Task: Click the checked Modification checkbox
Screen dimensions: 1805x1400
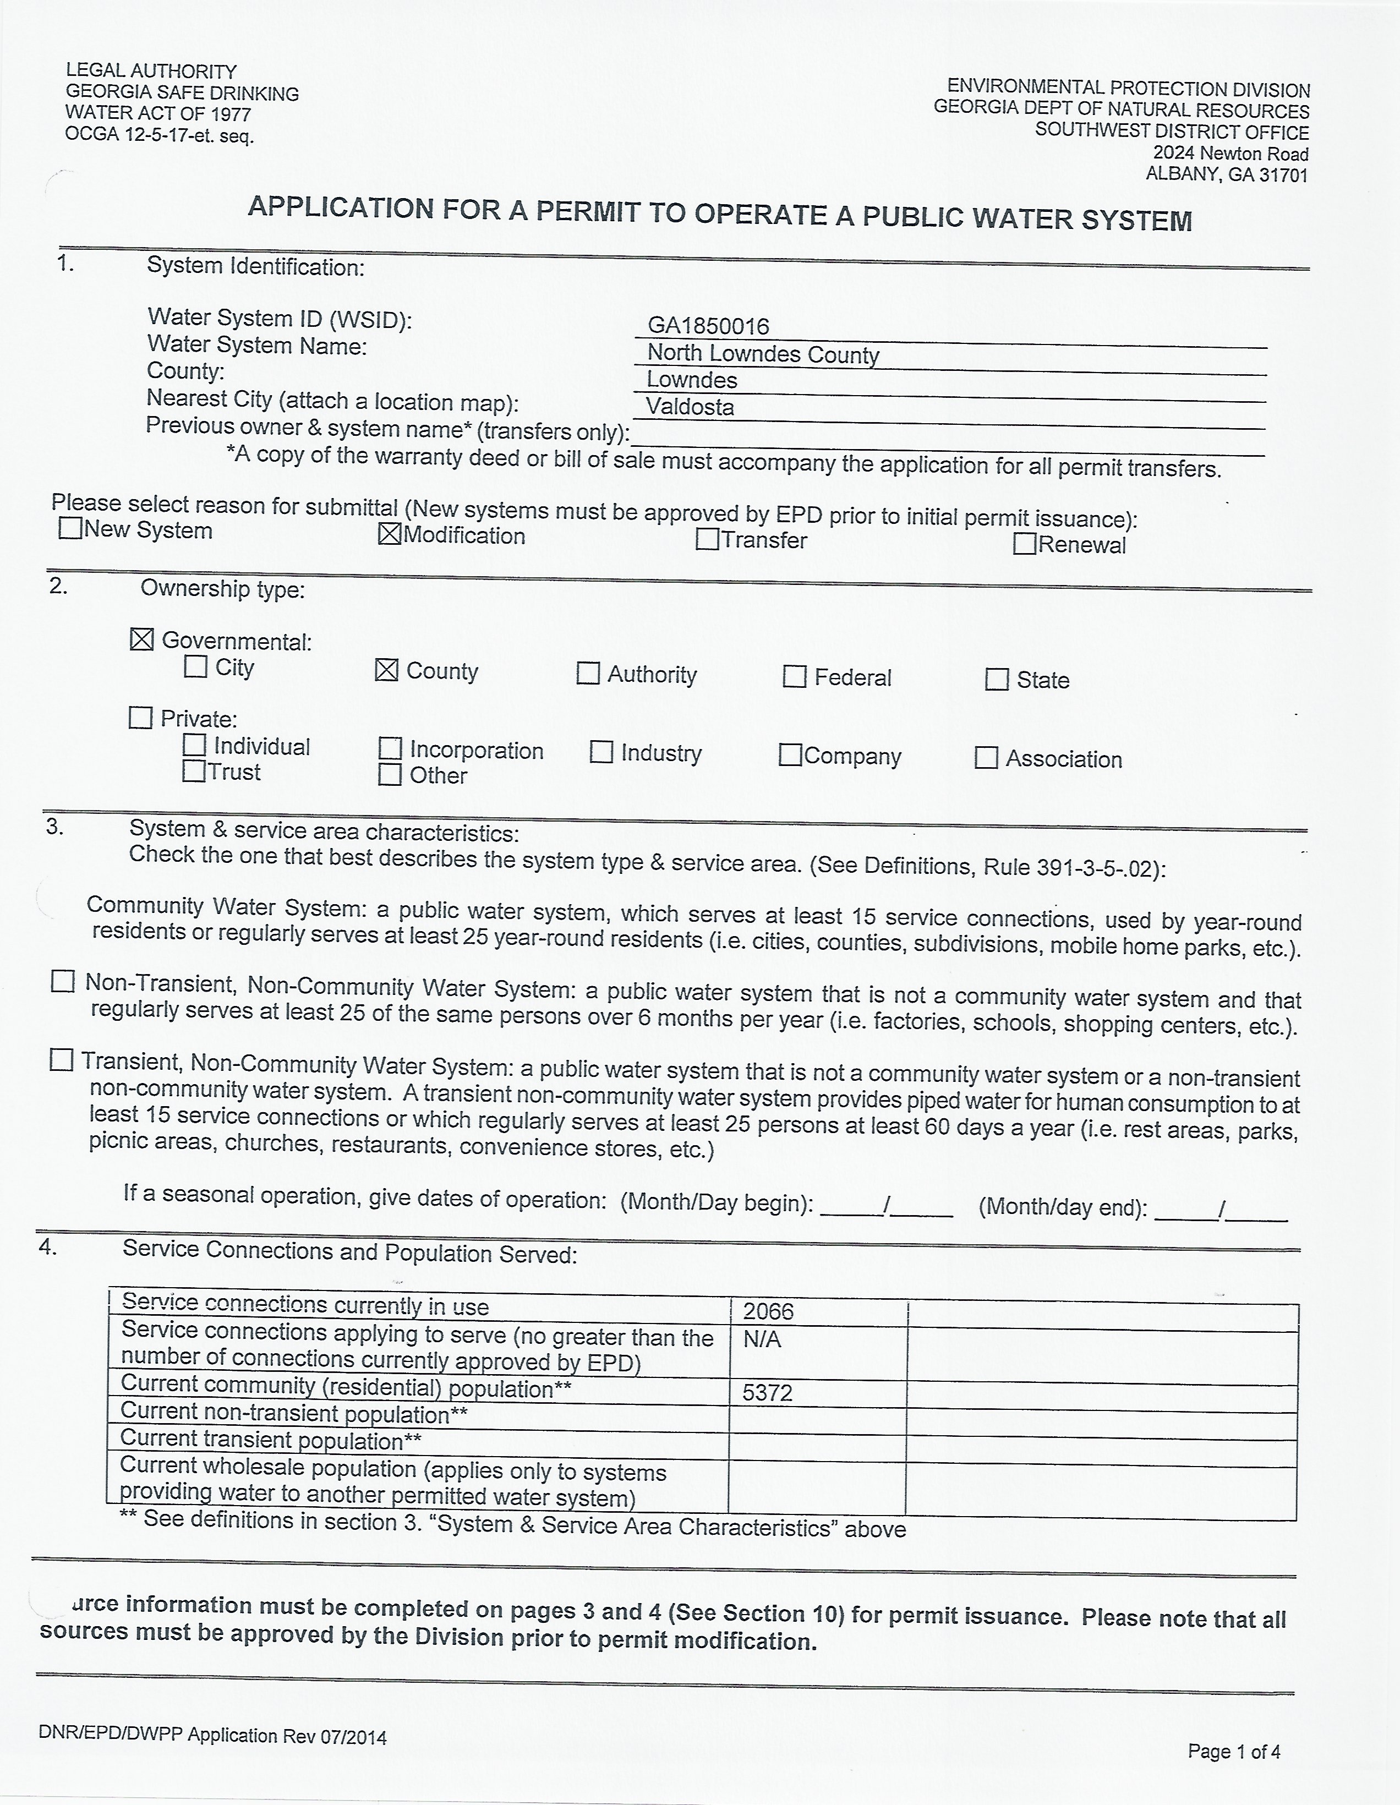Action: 389,535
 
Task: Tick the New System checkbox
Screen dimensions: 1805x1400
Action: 70,528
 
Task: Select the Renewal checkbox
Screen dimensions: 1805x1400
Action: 1025,544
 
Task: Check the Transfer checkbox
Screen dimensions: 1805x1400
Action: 707,539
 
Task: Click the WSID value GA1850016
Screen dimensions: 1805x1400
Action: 708,326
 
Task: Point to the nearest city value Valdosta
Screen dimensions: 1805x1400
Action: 690,407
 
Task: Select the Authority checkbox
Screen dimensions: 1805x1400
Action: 588,674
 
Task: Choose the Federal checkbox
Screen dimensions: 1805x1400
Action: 794,677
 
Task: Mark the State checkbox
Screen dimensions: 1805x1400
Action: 997,680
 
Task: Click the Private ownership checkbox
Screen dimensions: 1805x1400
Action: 140,718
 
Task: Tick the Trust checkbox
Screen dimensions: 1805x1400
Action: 193,771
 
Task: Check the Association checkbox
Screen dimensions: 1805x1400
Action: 986,758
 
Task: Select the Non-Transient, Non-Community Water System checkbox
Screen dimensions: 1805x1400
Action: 63,981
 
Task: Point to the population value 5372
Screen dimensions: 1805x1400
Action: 768,1393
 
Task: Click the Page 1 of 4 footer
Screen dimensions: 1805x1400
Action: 1234,1751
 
